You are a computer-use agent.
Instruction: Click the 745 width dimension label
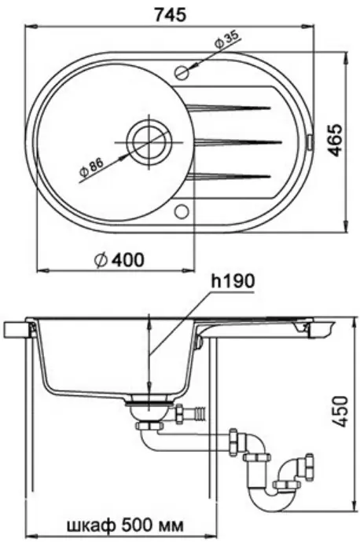[171, 14]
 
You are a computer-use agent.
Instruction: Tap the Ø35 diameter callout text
[226, 41]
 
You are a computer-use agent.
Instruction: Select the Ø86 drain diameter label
[92, 169]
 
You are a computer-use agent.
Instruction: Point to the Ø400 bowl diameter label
[119, 260]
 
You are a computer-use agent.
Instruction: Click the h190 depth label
[233, 282]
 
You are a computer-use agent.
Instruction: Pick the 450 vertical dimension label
[338, 412]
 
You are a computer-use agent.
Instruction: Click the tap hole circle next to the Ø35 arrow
[182, 72]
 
